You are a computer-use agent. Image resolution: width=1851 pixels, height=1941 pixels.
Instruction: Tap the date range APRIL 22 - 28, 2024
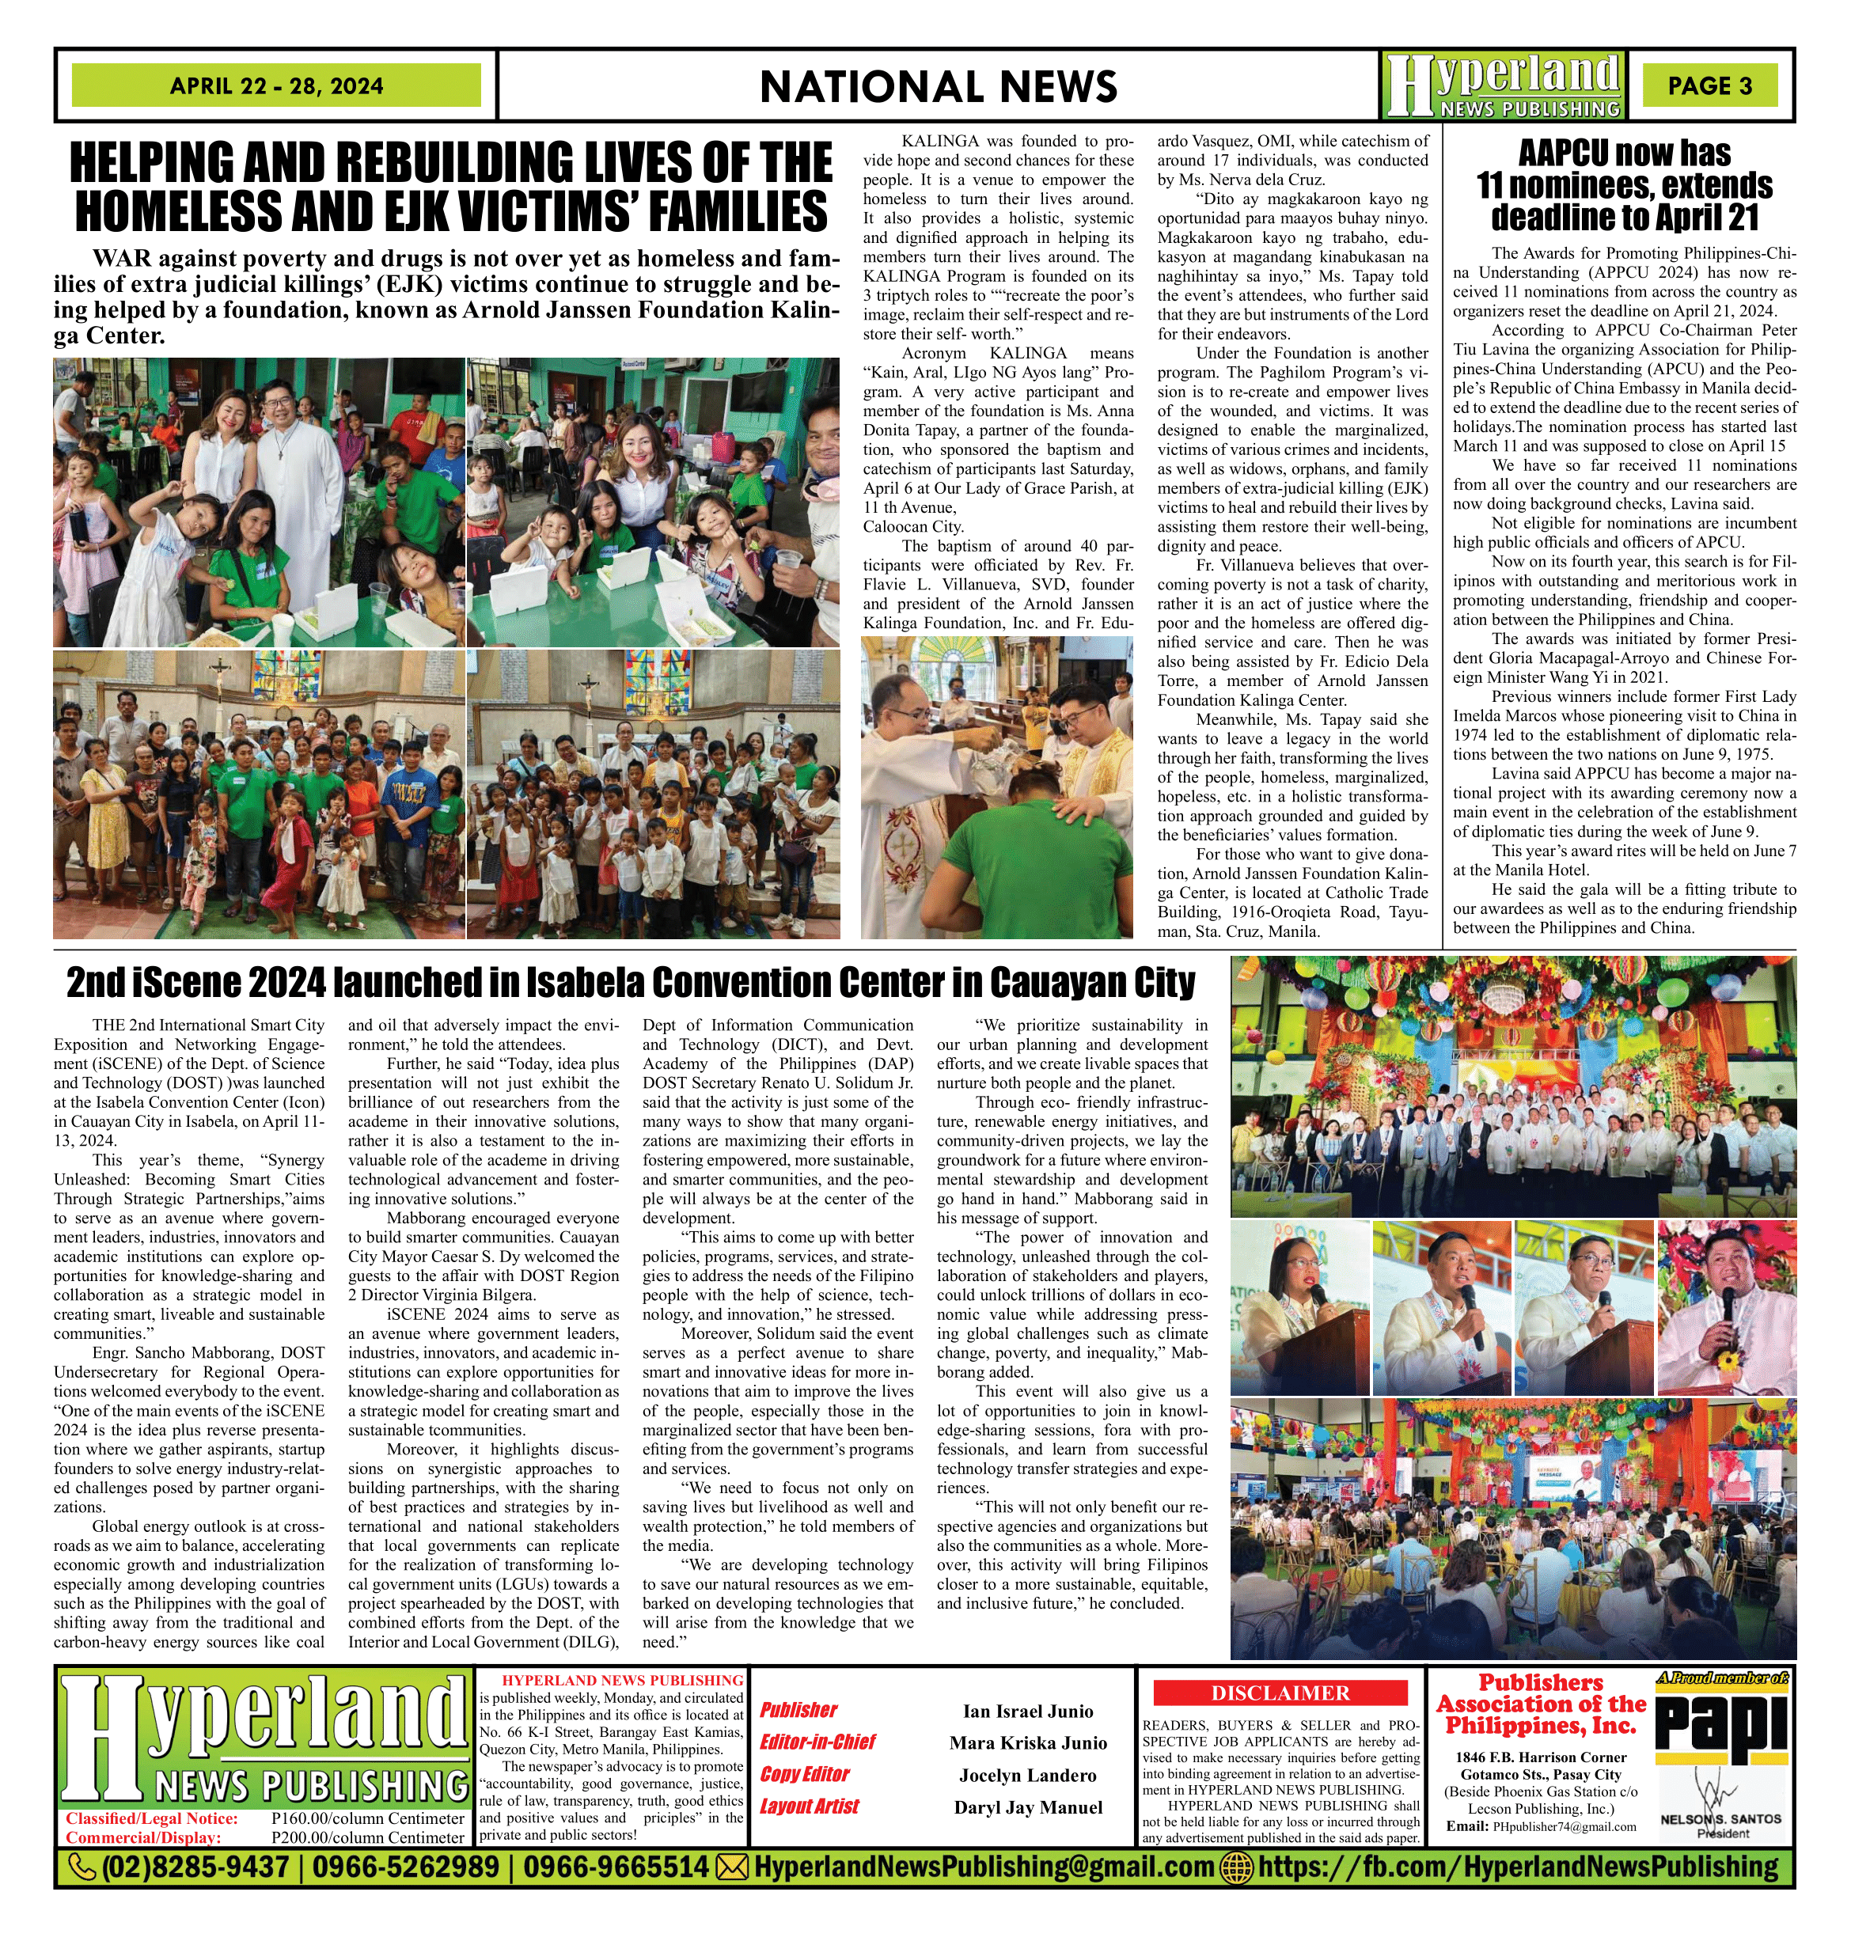[x=276, y=85]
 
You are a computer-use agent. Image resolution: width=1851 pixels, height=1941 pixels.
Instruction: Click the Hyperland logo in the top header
[x=1502, y=85]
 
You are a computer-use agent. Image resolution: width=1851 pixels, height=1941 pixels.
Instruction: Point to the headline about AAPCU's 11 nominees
[x=1624, y=185]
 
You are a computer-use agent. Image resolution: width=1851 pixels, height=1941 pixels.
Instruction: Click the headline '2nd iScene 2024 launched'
[x=631, y=983]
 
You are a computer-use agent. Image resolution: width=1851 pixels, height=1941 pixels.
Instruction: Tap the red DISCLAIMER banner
[x=1280, y=1693]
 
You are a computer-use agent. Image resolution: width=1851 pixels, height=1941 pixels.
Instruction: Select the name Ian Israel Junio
[x=1028, y=1711]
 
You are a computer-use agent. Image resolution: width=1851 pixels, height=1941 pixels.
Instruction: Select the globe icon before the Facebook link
[x=1237, y=1866]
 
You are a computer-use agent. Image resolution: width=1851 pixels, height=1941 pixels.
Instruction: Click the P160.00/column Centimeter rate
[x=367, y=1818]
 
